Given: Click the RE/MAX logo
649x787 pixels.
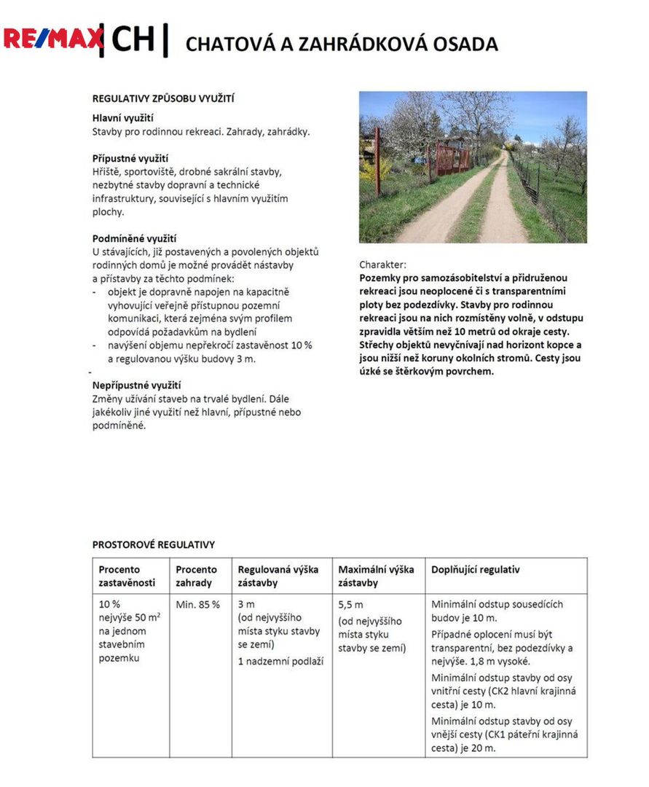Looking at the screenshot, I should (x=52, y=38).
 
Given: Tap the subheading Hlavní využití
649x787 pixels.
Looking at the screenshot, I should (x=122, y=118).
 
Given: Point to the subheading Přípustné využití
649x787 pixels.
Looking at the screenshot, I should (x=130, y=158).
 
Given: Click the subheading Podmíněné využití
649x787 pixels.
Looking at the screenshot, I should (x=134, y=238).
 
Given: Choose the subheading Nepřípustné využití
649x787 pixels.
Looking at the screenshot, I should (x=136, y=385).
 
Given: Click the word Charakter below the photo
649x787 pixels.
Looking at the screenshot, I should (x=382, y=265).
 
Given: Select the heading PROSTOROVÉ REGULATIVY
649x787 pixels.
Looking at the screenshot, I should (x=153, y=544).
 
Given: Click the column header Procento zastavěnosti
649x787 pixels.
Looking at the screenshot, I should (x=120, y=576).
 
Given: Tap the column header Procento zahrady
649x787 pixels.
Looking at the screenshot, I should (x=196, y=576).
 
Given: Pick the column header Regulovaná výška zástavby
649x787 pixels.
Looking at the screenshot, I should (x=278, y=576).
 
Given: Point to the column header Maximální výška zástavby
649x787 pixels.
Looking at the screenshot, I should (x=376, y=576).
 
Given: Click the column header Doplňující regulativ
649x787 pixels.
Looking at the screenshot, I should (x=475, y=569).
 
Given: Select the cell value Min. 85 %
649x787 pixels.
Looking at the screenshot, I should (x=197, y=604).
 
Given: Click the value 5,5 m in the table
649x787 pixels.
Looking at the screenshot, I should (x=350, y=605).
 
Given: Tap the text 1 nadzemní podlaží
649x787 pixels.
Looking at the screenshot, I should (x=280, y=661).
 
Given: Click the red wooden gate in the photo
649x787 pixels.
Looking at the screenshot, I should (x=452, y=157).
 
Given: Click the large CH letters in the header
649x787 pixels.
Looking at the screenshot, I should (x=133, y=39).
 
